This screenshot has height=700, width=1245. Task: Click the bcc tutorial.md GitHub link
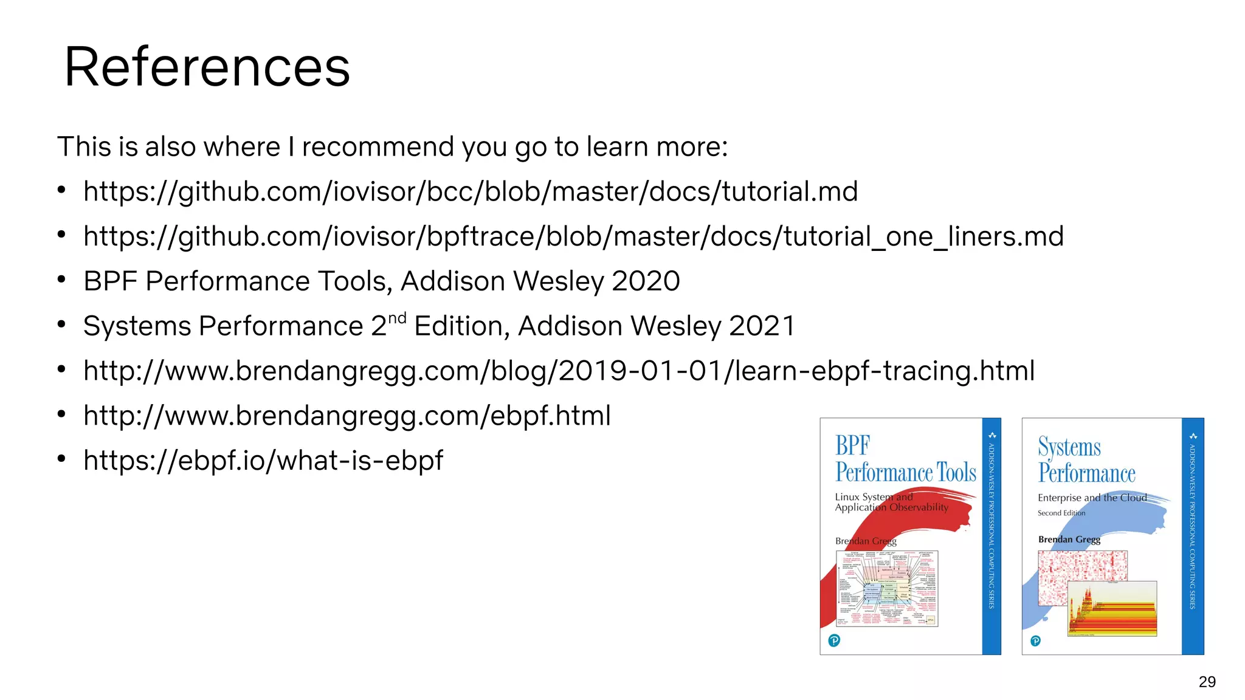click(470, 192)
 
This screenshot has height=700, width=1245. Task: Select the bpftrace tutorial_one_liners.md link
click(573, 236)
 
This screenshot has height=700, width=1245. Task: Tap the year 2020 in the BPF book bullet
click(646, 281)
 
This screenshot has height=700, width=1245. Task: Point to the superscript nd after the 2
click(397, 319)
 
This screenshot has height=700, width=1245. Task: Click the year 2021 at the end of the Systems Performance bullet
click(762, 326)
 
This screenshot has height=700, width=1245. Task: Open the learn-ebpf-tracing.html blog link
click(559, 371)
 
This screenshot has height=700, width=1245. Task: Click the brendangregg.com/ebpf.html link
click(347, 416)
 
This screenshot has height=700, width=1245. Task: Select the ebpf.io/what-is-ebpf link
click(263, 461)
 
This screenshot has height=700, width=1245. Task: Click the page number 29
click(1207, 682)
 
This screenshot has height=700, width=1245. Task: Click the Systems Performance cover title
click(1086, 461)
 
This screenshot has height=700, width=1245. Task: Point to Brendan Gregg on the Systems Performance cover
click(1069, 540)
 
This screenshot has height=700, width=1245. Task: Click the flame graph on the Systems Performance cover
click(1112, 609)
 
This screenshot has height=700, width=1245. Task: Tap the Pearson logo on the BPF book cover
click(834, 640)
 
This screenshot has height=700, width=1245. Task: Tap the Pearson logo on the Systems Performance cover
click(1035, 641)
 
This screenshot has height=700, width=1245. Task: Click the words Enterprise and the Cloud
click(1092, 498)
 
